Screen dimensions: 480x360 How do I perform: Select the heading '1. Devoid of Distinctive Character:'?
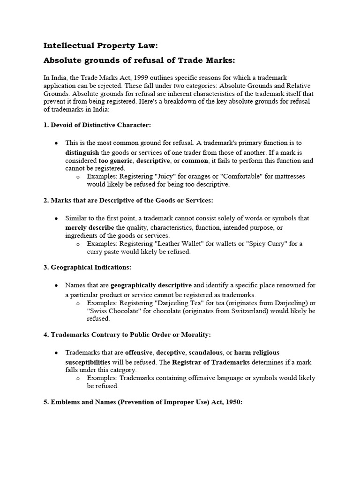point(97,125)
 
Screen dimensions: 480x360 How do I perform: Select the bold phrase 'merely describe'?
point(90,227)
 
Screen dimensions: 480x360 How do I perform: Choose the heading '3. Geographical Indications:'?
point(87,267)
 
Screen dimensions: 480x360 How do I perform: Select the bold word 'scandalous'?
point(205,352)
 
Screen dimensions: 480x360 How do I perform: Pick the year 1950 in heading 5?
point(232,402)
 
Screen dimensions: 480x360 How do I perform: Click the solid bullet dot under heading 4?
point(56,352)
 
